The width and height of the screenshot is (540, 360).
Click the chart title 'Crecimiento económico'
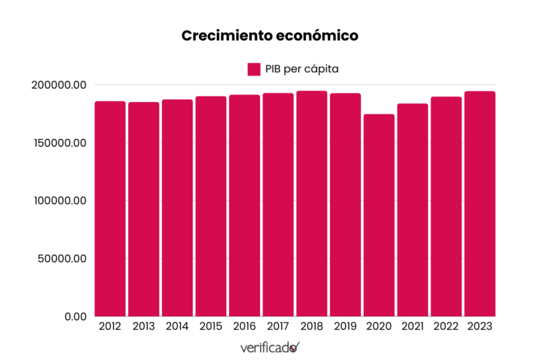pyautogui.click(x=269, y=36)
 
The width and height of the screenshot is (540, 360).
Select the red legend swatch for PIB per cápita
pyautogui.click(x=254, y=69)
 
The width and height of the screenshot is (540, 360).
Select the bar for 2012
pyautogui.click(x=110, y=209)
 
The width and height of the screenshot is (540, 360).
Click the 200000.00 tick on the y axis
pyautogui.click(x=59, y=85)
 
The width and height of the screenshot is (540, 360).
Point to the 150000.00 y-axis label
pyautogui.click(x=59, y=143)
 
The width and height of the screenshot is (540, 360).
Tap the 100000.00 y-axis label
pyautogui.click(x=59, y=201)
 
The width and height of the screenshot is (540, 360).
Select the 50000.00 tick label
pyautogui.click(x=62, y=259)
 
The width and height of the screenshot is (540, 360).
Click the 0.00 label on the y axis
pyautogui.click(x=74, y=316)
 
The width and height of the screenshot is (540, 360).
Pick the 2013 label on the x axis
pyautogui.click(x=144, y=326)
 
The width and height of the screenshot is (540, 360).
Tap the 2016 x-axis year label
pyautogui.click(x=244, y=326)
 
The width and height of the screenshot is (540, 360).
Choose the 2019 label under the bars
pyautogui.click(x=346, y=326)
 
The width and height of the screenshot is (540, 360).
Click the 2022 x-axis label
pyautogui.click(x=446, y=326)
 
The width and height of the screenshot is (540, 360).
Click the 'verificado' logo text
pyautogui.click(x=265, y=348)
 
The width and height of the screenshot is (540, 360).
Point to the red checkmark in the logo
pyautogui.click(x=295, y=346)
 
